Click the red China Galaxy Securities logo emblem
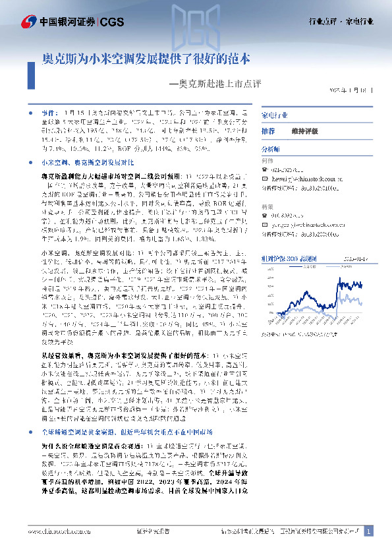[x=28, y=22]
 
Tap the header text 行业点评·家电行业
[x=341, y=21]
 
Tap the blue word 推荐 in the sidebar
[x=267, y=131]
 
